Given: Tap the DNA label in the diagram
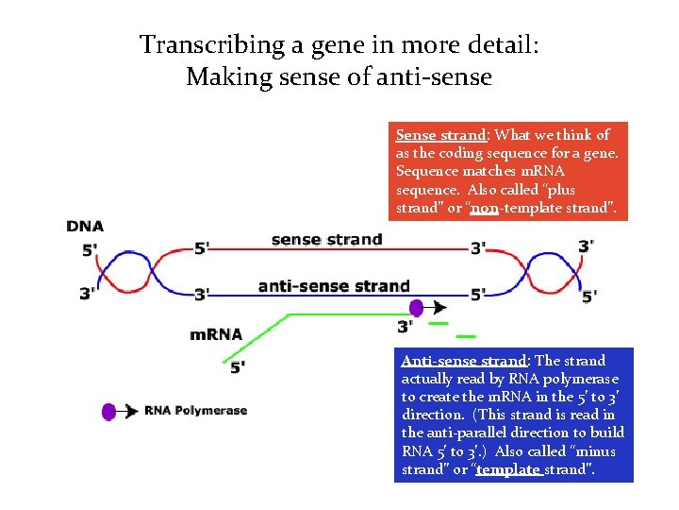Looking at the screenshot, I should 85,226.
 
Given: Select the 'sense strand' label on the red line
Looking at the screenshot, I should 326,239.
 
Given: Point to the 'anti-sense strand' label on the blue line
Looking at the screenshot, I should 334,285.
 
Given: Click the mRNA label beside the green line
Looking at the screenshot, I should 216,333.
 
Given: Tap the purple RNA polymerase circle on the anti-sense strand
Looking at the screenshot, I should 416,307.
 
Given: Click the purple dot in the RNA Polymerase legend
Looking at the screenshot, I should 108,411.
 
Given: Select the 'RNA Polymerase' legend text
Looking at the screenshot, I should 195,411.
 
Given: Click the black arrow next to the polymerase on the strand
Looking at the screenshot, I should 438,307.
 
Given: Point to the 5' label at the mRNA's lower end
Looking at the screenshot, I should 238,366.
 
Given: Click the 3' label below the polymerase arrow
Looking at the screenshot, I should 405,327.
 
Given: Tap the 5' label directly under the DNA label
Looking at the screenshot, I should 90,250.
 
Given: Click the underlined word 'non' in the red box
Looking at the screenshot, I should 484,207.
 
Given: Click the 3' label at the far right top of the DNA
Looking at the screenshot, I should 586,246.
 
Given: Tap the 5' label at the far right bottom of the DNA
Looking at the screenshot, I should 589,297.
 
